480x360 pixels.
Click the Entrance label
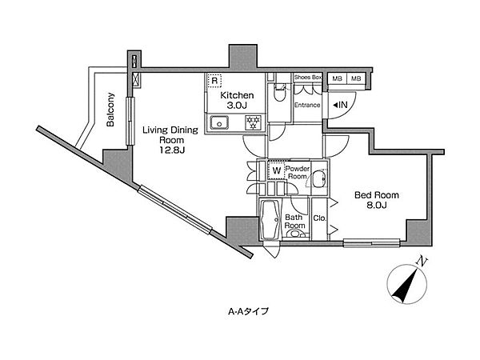[x=307, y=105]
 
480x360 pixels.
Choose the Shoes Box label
[x=308, y=78]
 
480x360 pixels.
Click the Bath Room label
[x=294, y=221]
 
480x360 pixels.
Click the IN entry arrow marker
[x=339, y=105]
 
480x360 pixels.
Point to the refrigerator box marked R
[x=214, y=80]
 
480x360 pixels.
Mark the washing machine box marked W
[x=275, y=170]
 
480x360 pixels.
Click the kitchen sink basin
[x=218, y=122]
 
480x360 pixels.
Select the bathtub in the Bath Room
[x=269, y=219]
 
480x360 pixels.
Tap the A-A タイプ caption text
[x=247, y=311]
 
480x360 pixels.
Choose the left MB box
[x=336, y=78]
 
